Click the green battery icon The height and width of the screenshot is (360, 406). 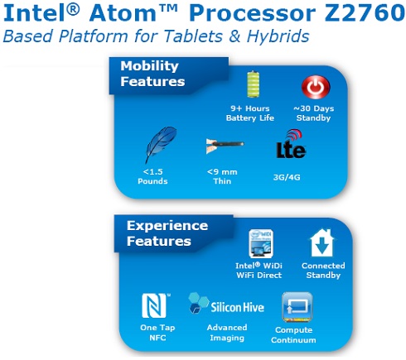(x=253, y=84)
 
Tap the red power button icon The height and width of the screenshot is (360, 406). (x=316, y=87)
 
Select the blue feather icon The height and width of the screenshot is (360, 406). (x=161, y=144)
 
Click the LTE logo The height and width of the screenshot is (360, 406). (x=291, y=144)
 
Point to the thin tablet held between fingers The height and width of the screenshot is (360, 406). (x=225, y=145)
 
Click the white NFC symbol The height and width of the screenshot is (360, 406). (x=155, y=305)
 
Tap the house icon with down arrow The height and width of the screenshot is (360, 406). (x=321, y=242)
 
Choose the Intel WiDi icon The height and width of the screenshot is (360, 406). (x=261, y=243)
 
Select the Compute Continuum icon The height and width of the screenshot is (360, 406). (x=297, y=307)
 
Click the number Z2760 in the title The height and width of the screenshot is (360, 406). (x=365, y=13)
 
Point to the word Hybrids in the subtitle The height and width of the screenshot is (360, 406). (x=278, y=36)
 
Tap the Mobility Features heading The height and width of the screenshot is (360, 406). (x=152, y=74)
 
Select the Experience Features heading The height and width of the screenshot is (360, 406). (x=167, y=233)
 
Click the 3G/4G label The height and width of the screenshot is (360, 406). (x=287, y=177)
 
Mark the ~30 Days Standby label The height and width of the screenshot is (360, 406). (x=313, y=113)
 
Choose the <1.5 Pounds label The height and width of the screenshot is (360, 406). (x=152, y=176)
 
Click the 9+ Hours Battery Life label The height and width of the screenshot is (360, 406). (x=250, y=113)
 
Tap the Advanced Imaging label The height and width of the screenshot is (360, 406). (x=227, y=333)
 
